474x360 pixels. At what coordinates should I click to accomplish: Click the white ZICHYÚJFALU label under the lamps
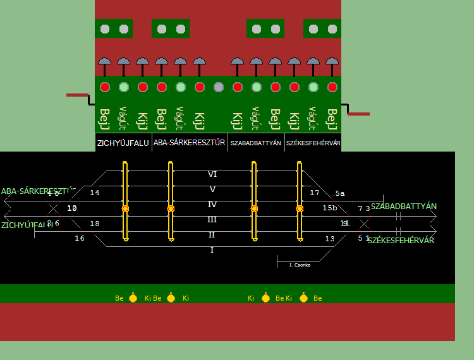coord(123,143)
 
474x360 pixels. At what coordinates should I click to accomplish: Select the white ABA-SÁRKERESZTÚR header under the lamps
coord(190,143)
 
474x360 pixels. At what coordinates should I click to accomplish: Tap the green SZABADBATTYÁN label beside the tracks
coord(403,207)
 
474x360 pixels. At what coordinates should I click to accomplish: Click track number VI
coord(212,174)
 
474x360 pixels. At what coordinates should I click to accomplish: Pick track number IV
coord(212,205)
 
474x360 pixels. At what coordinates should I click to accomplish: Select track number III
coord(212,220)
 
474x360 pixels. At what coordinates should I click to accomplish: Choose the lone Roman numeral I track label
coord(212,250)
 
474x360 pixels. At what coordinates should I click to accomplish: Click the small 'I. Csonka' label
coord(300,265)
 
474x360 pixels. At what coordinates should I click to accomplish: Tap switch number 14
coord(95,193)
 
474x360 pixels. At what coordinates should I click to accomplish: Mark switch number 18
coord(95,224)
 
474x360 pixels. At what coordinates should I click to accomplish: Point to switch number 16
coord(80,238)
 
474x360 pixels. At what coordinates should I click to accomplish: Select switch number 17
coord(315,193)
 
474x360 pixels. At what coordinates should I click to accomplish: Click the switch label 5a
coord(340,193)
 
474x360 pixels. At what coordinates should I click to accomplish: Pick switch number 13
coord(330,239)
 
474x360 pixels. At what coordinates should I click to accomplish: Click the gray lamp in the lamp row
coord(219,87)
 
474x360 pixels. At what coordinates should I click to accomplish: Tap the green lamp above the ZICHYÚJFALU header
coord(124,87)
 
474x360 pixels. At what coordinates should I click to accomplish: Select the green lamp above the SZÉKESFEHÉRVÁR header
coord(313,87)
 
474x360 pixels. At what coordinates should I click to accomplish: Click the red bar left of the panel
coord(77,95)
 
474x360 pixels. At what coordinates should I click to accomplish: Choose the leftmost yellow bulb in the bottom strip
coord(133,298)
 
